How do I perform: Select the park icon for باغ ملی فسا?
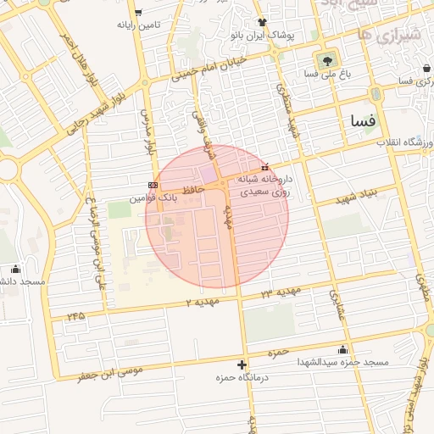click(326, 60)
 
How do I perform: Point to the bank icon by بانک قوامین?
click(153, 184)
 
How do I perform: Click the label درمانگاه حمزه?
click(243, 376)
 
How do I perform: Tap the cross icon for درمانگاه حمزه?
click(242, 364)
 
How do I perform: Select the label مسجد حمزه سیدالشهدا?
click(342, 362)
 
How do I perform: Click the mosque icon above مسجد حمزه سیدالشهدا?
click(342, 349)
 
